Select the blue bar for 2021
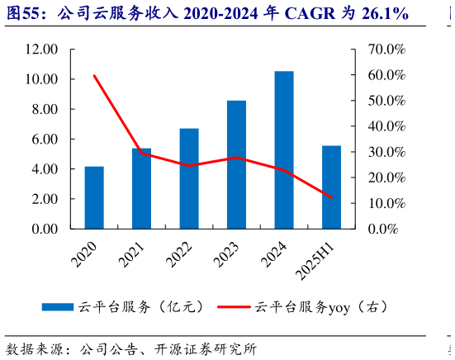(x=141, y=188)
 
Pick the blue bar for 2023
(x=236, y=164)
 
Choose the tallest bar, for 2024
(x=284, y=149)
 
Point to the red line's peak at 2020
(x=94, y=76)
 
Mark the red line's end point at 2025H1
(x=331, y=197)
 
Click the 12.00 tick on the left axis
(x=41, y=50)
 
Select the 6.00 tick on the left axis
(x=41, y=140)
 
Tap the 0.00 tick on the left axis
(x=41, y=229)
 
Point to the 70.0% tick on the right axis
(x=385, y=50)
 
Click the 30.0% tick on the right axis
(x=385, y=152)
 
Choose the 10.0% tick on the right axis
(x=385, y=203)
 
